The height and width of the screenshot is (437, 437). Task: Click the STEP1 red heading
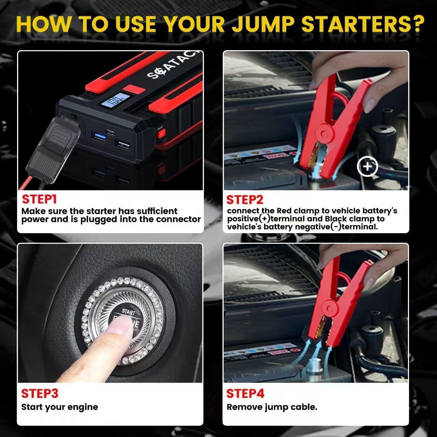click(39, 199)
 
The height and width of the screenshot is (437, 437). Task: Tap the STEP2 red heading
click(244, 200)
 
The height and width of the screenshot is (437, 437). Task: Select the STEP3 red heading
click(40, 393)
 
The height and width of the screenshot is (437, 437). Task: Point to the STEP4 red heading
click(245, 393)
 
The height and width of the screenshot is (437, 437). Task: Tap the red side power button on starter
click(159, 133)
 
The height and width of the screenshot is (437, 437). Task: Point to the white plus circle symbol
click(367, 167)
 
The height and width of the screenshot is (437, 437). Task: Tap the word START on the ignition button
click(129, 311)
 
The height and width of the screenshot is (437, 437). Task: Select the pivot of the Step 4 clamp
click(329, 305)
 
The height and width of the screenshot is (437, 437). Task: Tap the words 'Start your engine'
click(59, 407)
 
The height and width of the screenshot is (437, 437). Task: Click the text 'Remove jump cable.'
click(272, 407)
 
